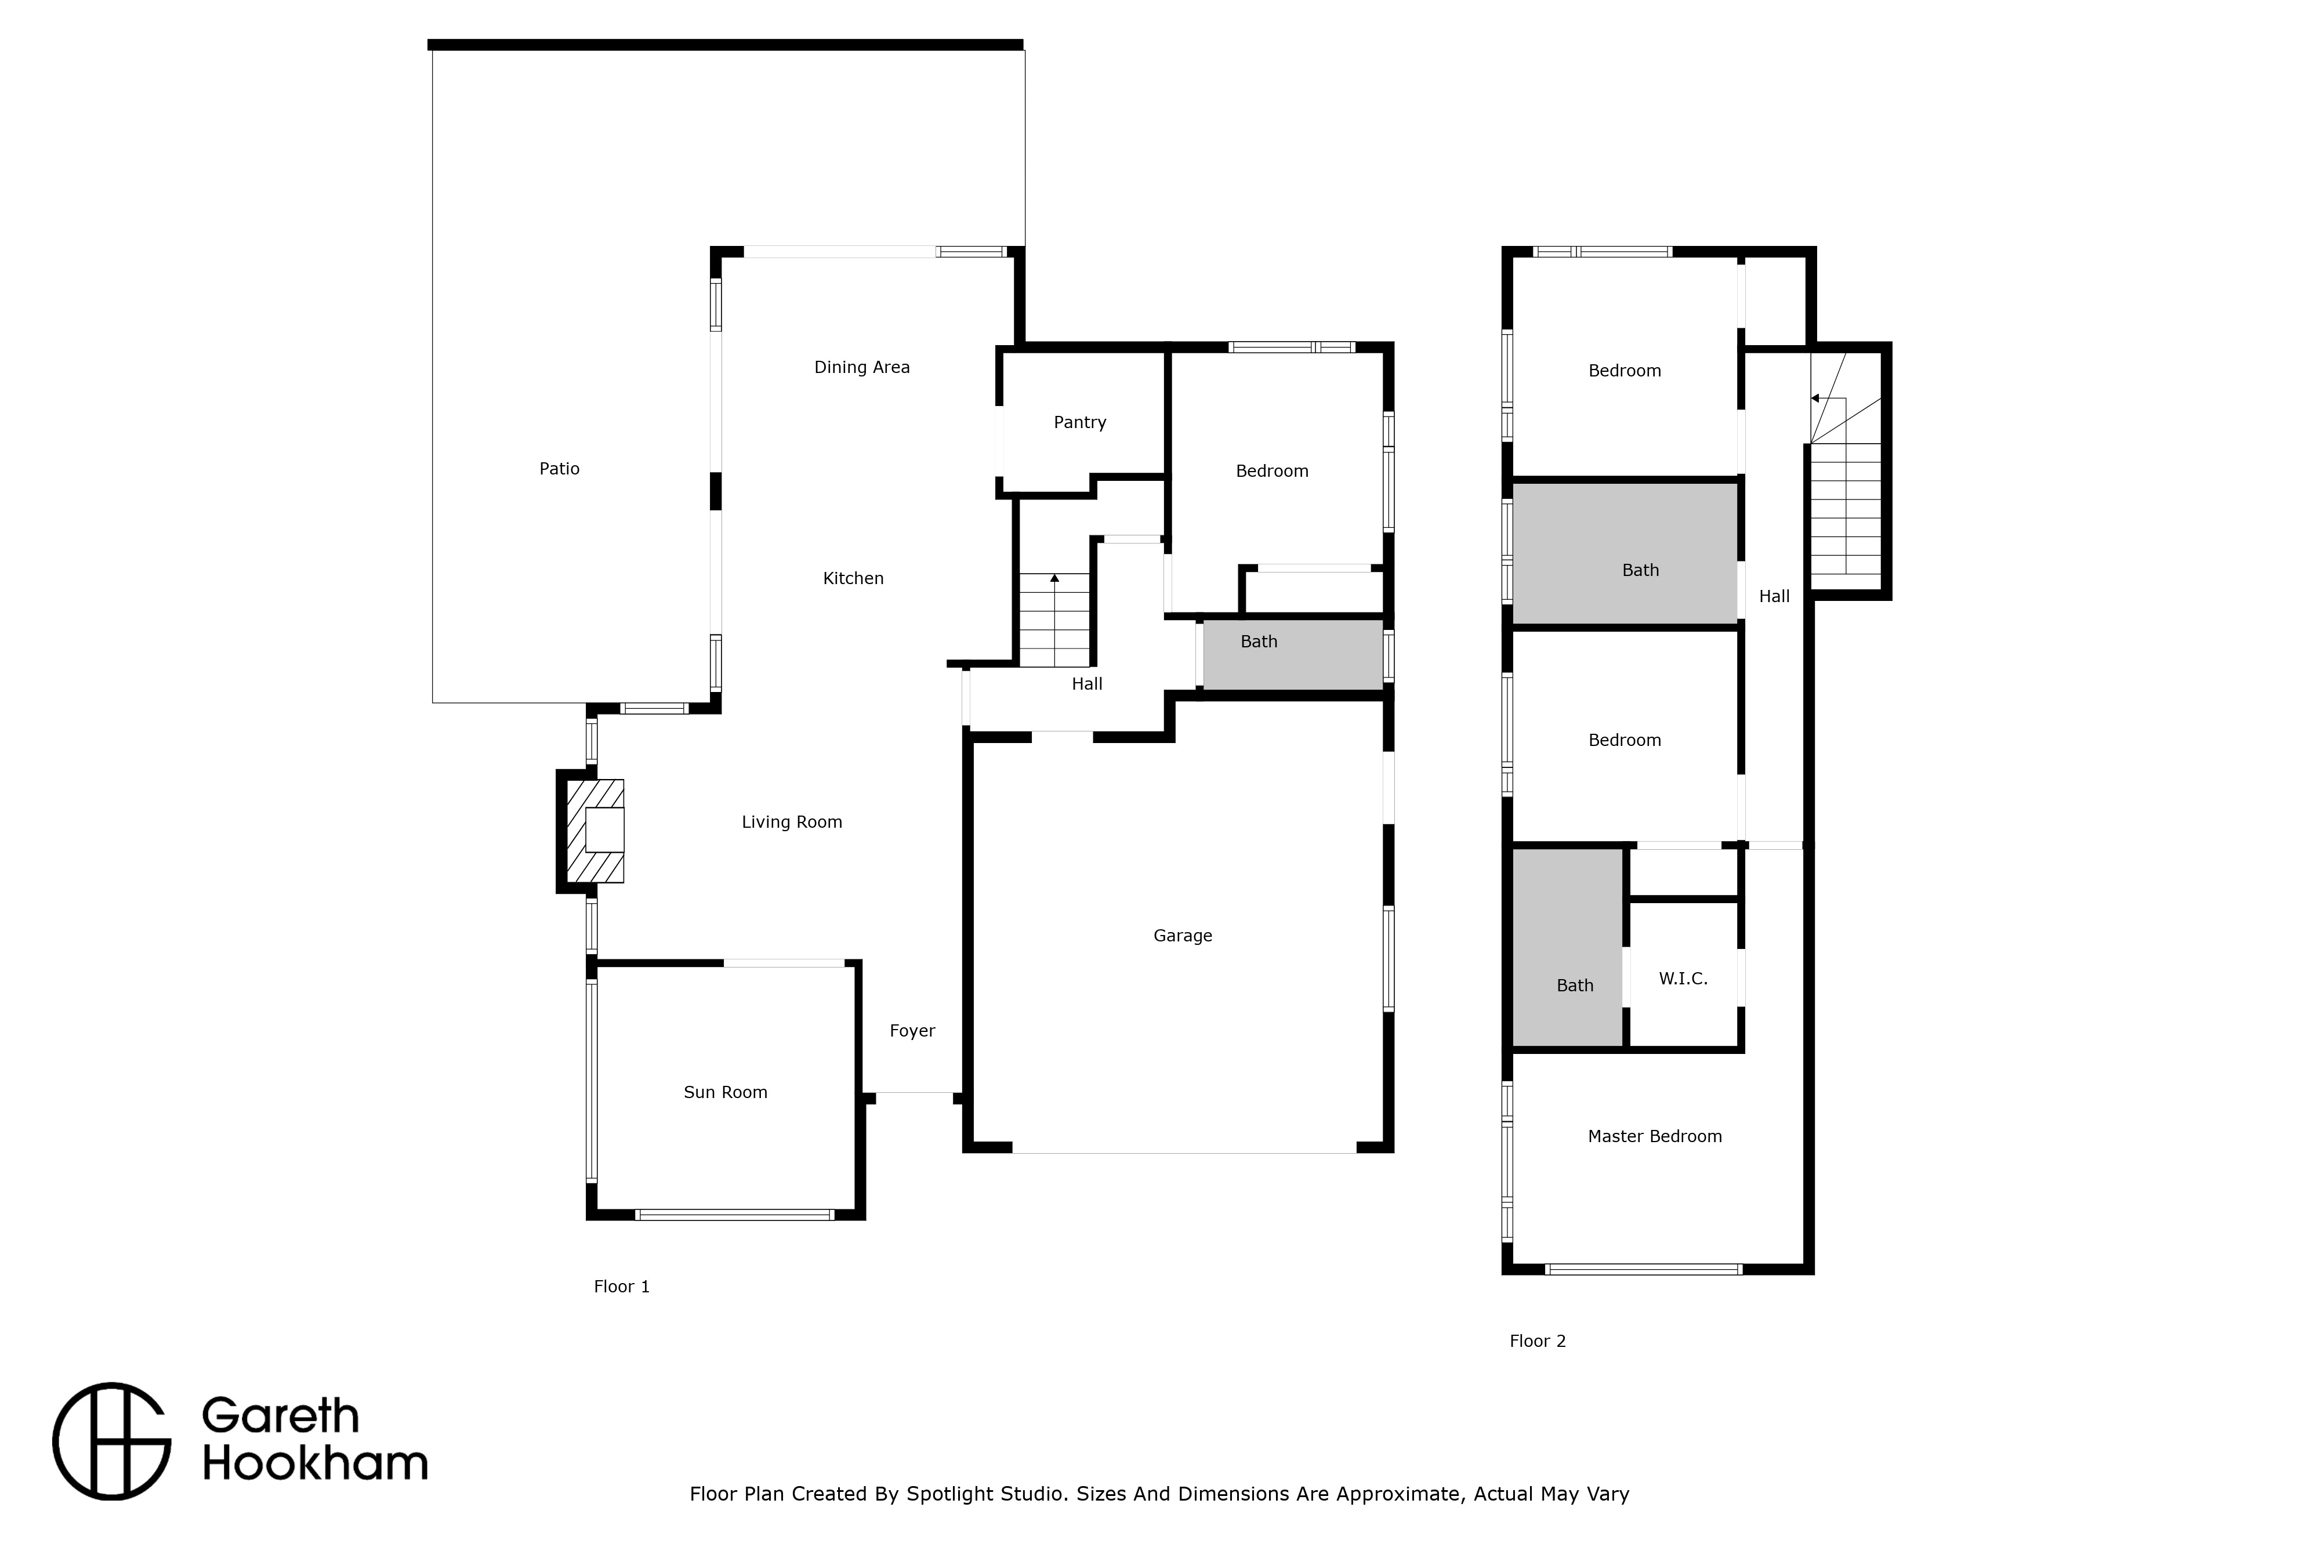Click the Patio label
pos(559,469)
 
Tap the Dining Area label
pos(861,367)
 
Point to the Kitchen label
pos(853,578)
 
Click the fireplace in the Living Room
pos(595,831)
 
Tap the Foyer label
pos(912,1031)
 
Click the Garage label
pos(1183,935)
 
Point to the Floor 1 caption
pos(621,1287)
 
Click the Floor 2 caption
pos(1538,1341)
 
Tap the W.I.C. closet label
pos(1683,979)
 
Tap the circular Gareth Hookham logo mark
pos(113,1441)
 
